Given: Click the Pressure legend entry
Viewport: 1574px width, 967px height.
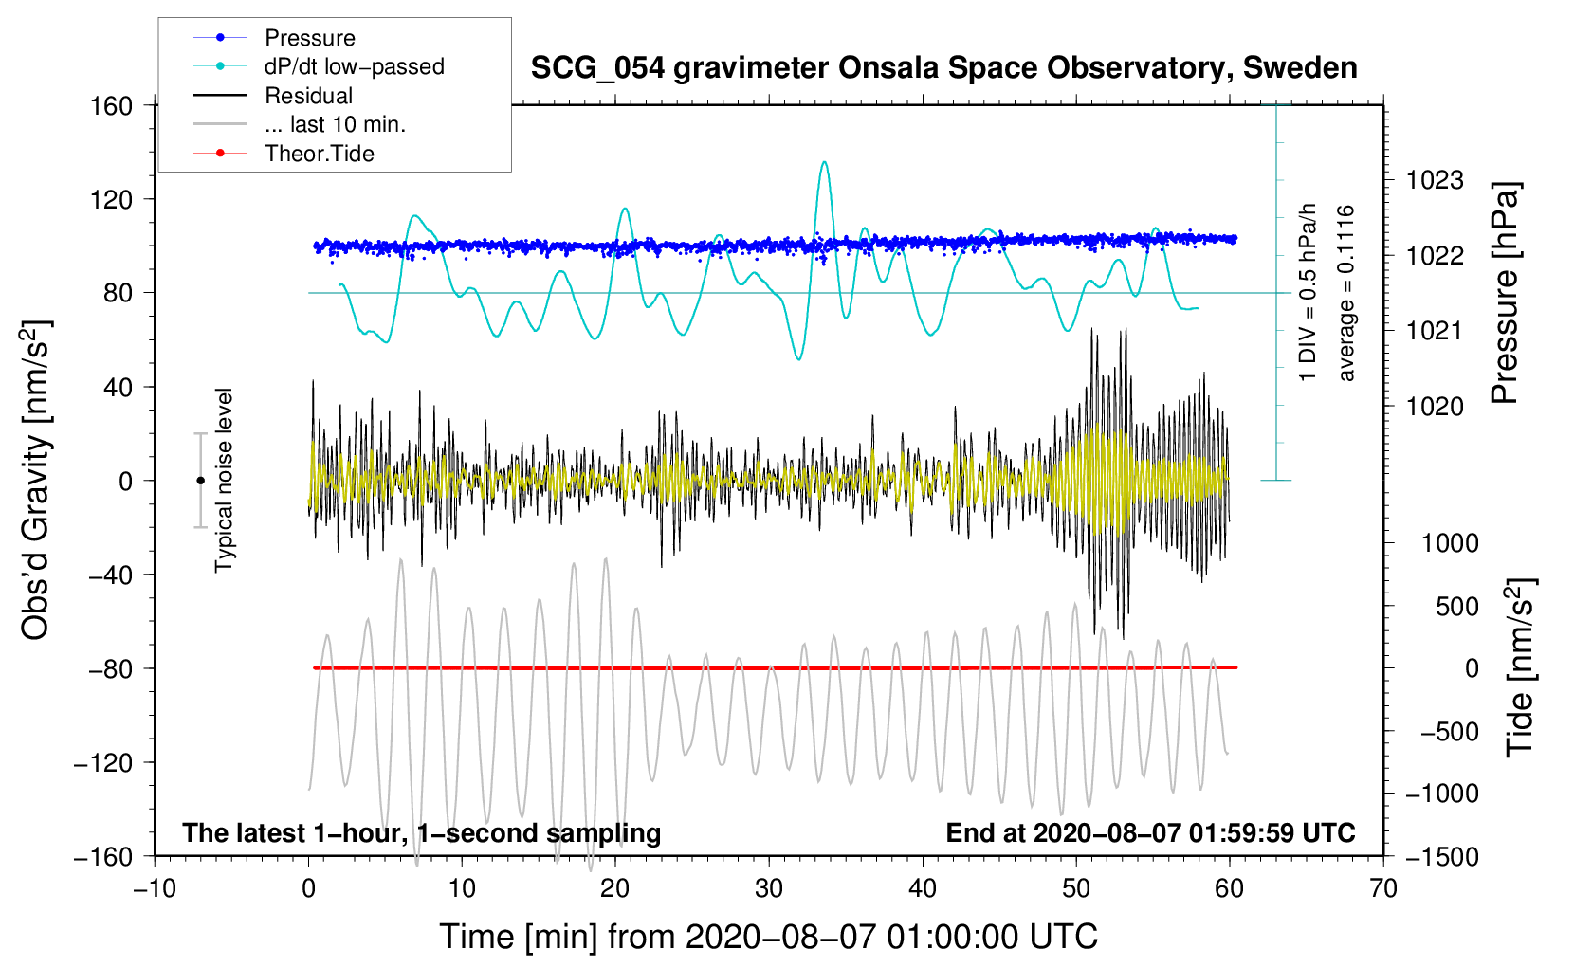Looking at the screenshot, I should click(x=309, y=38).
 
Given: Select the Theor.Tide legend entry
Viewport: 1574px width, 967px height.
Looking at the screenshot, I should click(x=319, y=154).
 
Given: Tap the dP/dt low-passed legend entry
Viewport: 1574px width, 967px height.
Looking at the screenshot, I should click(x=354, y=66).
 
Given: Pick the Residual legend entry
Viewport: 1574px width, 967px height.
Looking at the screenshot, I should click(x=308, y=96).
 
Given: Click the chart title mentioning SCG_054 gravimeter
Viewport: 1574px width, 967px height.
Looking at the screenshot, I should click(x=943, y=68).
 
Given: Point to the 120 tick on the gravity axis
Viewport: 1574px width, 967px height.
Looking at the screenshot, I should click(x=112, y=199).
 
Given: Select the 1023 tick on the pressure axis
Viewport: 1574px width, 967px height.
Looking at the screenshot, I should click(x=1435, y=180).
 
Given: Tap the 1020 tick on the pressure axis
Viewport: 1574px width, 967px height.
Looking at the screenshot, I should click(x=1435, y=406).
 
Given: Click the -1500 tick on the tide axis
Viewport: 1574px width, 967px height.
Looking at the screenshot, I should click(x=1440, y=856).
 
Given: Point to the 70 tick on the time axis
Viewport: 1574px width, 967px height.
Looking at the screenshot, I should click(x=1383, y=888).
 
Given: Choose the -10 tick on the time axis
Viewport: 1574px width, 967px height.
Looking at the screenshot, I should click(x=155, y=888).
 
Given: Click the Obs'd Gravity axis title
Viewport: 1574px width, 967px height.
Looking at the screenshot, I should click(x=35, y=480).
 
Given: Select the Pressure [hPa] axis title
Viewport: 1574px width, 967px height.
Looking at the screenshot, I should click(x=1505, y=293).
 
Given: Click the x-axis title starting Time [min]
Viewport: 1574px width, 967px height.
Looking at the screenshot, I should click(x=768, y=937).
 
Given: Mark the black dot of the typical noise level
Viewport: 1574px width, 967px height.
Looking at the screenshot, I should click(x=200, y=481).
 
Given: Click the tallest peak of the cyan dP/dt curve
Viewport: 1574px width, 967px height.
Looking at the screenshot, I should click(x=824, y=162).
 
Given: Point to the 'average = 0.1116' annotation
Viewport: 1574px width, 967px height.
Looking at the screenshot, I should click(x=1346, y=293).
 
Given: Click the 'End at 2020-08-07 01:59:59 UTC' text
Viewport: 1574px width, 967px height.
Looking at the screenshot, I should click(x=1150, y=832).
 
